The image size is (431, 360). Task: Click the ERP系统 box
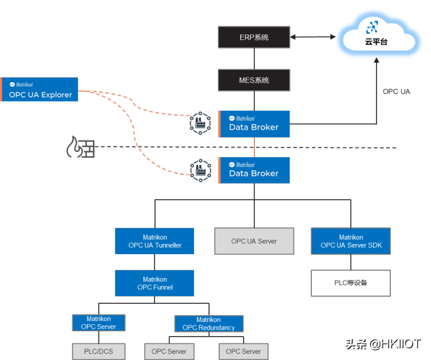[254, 37]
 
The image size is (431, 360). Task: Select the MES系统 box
[254, 80]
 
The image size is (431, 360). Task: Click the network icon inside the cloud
[372, 27]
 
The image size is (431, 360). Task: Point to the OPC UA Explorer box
[40, 90]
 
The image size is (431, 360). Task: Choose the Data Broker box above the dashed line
[254, 123]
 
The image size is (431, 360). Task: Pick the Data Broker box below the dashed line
[254, 170]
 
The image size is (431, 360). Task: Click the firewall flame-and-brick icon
[80, 147]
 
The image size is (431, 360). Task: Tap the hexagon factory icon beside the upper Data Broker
[201, 123]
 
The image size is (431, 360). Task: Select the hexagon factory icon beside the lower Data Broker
[201, 169]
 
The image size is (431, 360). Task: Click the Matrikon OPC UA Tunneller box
[154, 241]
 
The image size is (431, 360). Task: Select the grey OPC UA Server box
[254, 242]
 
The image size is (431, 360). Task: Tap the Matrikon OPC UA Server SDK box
[351, 241]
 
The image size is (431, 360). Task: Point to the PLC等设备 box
[351, 283]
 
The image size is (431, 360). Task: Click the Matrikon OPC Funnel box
[154, 283]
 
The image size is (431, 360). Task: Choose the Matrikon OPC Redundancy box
[208, 324]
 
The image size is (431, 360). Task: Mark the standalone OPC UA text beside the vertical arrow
[396, 91]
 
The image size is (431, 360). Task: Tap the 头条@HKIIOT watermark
[382, 343]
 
